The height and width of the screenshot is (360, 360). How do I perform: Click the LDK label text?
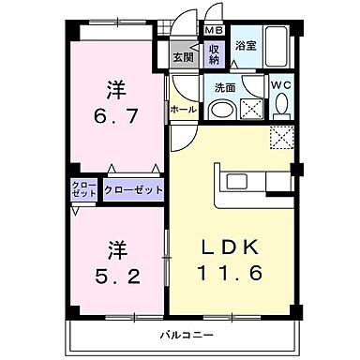223,247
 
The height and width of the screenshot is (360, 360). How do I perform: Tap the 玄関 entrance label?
183,55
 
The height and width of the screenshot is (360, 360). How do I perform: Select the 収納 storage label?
214,53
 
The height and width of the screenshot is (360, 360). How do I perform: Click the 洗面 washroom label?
225,87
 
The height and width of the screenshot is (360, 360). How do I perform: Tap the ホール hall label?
183,109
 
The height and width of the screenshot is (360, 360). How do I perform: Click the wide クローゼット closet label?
134,189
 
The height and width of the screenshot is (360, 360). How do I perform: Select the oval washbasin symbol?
221,110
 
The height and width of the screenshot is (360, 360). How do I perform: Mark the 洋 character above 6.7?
115,91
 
